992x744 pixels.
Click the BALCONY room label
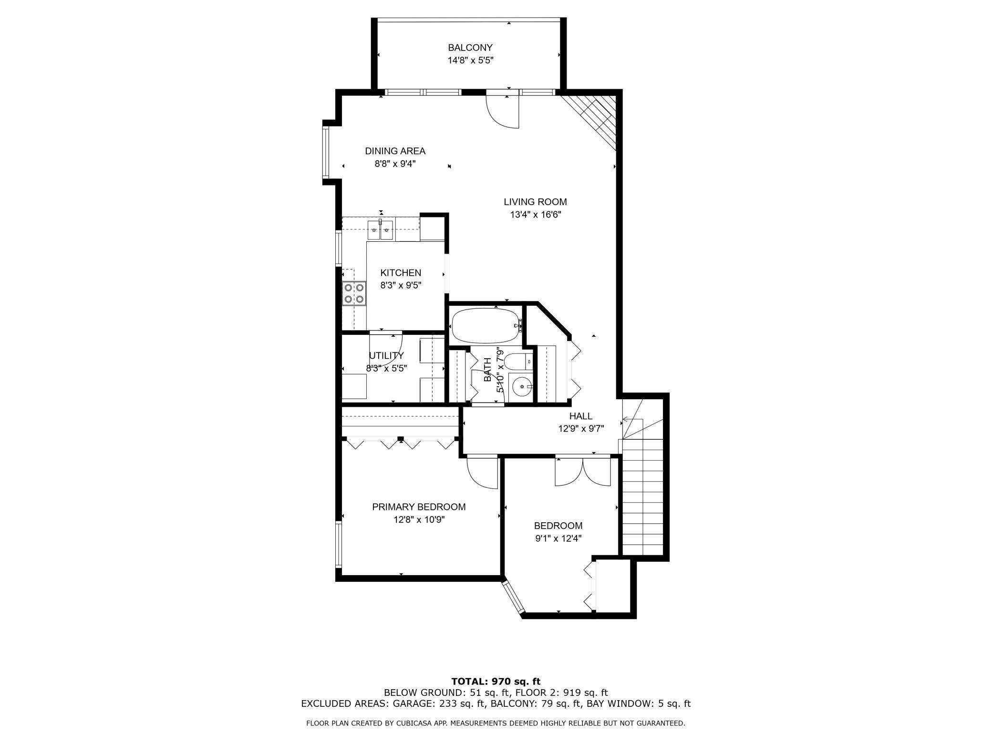[470, 48]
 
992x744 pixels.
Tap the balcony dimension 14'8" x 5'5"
[470, 61]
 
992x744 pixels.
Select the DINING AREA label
[395, 151]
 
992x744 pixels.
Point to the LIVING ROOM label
[535, 202]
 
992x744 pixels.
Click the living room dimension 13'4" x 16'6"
[535, 215]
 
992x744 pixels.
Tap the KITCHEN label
[401, 273]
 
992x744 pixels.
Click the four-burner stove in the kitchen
[354, 293]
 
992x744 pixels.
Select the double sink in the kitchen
[380, 230]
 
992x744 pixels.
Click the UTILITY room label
[386, 356]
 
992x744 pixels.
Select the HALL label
[581, 416]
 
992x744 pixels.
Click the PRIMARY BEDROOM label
[419, 507]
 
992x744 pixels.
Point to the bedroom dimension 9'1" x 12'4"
[558, 538]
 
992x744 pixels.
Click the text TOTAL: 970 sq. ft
[496, 682]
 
